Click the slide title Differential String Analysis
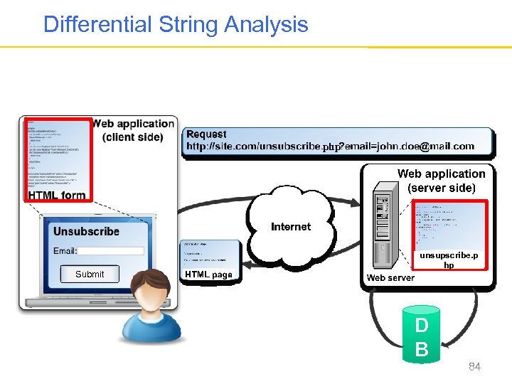[x=176, y=25]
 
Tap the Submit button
[x=90, y=274]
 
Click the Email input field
[x=111, y=251]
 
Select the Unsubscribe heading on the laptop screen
[x=86, y=231]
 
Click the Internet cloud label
[x=291, y=227]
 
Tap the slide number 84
[x=474, y=367]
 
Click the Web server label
[x=390, y=277]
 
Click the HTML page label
[x=208, y=275]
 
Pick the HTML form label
[x=57, y=195]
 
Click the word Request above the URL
[x=206, y=134]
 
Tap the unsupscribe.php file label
[x=449, y=260]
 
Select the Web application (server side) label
[x=441, y=181]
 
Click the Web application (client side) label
[x=133, y=130]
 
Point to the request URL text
[x=330, y=146]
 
